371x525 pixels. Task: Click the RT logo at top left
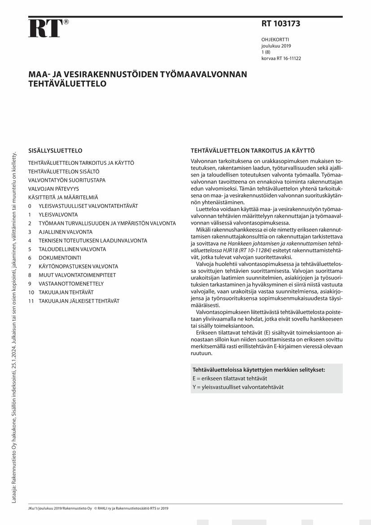click(45, 28)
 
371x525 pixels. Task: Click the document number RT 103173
click(281, 24)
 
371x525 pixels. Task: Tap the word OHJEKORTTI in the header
click(275, 40)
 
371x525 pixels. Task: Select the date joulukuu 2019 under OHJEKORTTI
click(276, 46)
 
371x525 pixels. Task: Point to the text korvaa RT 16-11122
click(281, 58)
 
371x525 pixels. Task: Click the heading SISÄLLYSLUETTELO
click(55, 151)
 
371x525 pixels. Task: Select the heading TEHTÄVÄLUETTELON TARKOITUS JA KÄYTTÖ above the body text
click(253, 151)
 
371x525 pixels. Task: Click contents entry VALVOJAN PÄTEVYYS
click(53, 189)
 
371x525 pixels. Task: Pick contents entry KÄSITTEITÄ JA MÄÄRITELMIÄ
click(63, 197)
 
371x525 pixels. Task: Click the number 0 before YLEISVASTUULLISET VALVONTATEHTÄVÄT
click(30, 206)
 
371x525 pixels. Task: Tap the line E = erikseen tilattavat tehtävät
click(230, 379)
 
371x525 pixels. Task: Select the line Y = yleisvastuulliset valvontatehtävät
click(238, 387)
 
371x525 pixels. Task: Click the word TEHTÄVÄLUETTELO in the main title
click(67, 84)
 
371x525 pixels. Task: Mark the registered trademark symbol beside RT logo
click(66, 22)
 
